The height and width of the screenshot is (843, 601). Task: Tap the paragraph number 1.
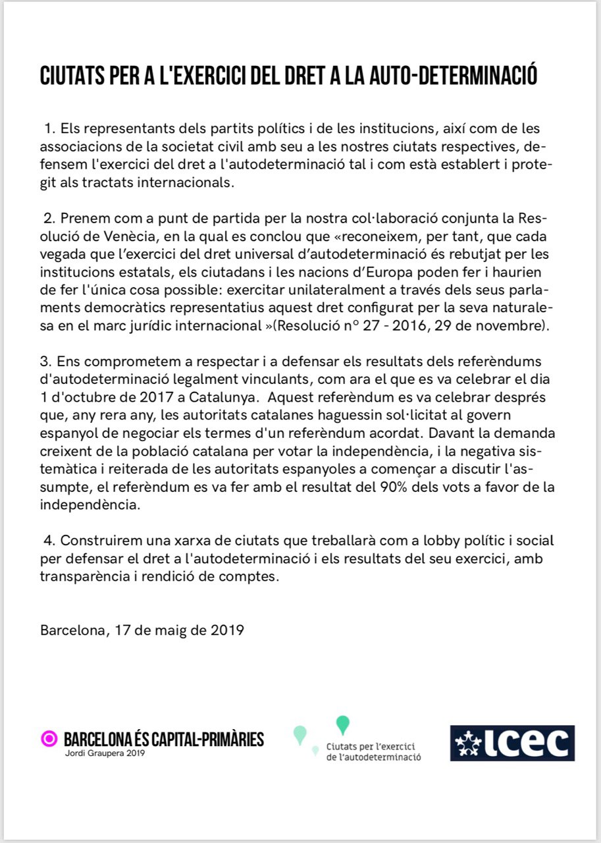(49, 128)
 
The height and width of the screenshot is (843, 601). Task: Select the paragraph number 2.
(49, 218)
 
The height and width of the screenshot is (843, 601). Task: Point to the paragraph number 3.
(45, 363)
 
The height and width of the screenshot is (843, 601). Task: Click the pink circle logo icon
(49, 739)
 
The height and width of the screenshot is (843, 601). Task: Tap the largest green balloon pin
(342, 724)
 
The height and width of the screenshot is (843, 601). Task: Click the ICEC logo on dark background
(512, 743)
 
